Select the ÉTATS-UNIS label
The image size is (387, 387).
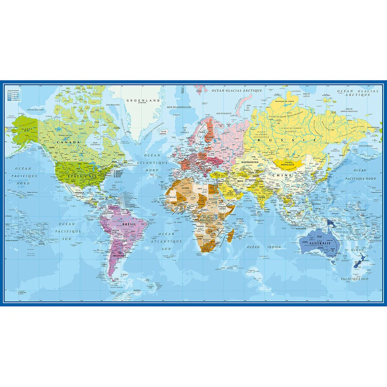click(x=78, y=176)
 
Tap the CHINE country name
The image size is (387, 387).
click(x=282, y=175)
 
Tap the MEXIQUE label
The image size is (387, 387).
click(x=79, y=192)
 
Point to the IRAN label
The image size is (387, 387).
click(x=240, y=181)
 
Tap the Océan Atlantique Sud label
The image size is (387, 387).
click(x=166, y=241)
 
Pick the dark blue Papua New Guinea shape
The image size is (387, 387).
click(x=331, y=223)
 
